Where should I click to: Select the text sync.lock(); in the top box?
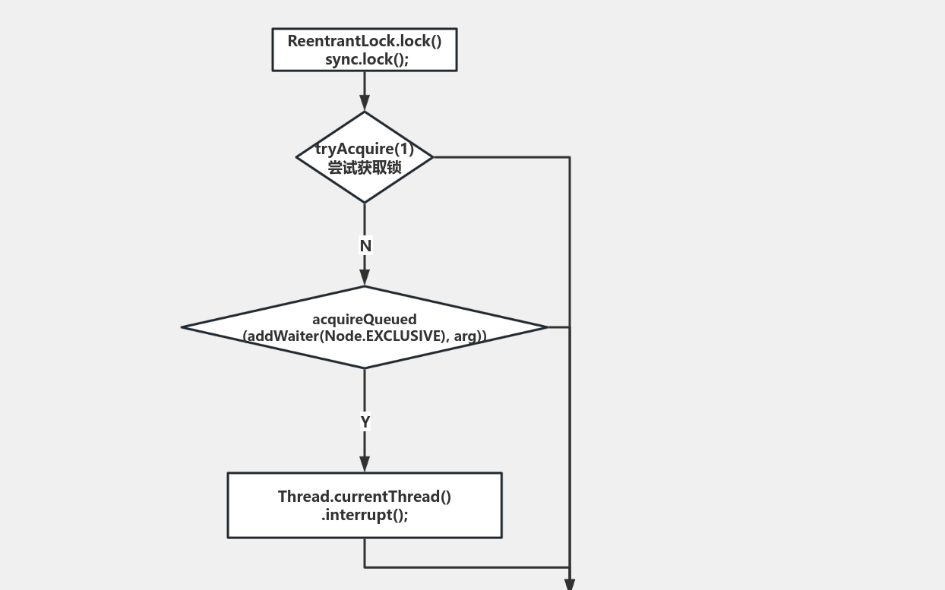click(367, 59)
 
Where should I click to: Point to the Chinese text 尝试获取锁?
click(365, 167)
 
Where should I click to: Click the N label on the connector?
click(365, 246)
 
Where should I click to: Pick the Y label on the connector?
click(365, 421)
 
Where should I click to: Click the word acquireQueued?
click(365, 319)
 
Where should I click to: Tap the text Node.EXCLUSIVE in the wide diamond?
click(382, 336)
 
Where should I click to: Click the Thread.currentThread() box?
click(365, 528)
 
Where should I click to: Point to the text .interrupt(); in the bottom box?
click(365, 515)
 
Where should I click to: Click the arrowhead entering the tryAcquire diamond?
click(365, 103)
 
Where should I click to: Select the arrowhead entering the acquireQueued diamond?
click(365, 278)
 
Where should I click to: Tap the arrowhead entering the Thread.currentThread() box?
click(365, 464)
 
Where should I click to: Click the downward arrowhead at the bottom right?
click(570, 584)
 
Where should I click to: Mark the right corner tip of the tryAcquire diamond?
click(432, 157)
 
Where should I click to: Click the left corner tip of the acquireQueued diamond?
click(183, 327)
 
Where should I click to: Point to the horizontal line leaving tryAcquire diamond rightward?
click(501, 157)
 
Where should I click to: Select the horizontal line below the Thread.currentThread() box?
click(467, 567)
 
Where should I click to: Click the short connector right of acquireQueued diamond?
click(558, 327)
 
